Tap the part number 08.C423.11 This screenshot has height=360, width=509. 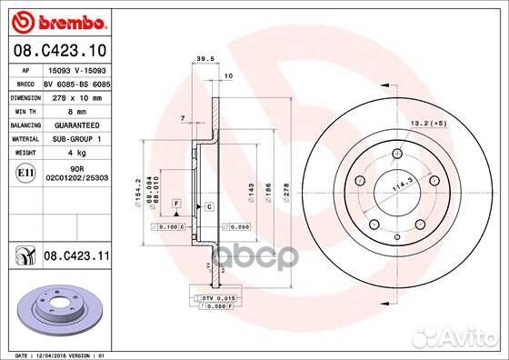tap(75, 258)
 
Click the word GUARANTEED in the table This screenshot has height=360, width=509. tap(75, 124)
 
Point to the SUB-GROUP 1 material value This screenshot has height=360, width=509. tap(75, 138)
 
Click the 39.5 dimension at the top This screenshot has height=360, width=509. tap(204, 61)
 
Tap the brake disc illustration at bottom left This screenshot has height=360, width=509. tap(56, 308)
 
